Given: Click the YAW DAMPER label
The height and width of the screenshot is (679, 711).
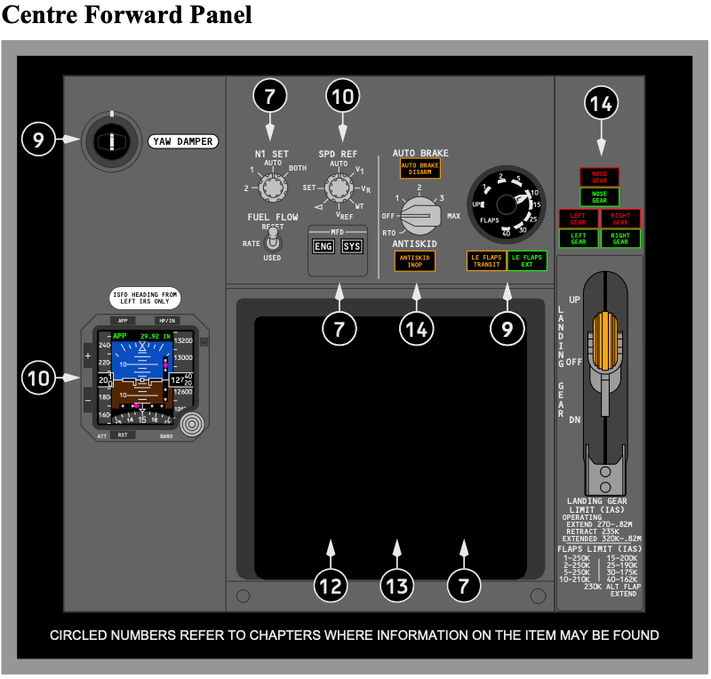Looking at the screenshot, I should tap(183, 141).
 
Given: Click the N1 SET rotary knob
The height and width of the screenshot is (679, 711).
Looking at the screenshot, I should tap(271, 187).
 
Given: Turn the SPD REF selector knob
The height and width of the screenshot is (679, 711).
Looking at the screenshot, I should tap(338, 188).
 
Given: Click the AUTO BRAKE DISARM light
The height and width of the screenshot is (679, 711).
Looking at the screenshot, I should tap(419, 169).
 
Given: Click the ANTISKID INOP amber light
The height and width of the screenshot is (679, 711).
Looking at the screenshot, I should tap(414, 260).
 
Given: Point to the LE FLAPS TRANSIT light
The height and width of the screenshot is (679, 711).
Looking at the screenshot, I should tap(486, 261).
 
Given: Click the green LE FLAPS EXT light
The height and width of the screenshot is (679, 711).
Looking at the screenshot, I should tap(528, 261).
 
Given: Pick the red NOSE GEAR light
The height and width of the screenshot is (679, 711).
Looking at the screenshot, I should tap(600, 177).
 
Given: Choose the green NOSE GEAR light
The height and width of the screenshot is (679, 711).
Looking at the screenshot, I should tap(600, 197).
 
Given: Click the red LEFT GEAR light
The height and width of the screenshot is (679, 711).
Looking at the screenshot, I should tap(579, 219).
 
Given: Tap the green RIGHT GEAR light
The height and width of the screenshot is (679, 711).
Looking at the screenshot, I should tap(620, 238).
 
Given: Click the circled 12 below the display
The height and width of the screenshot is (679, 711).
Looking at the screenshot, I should tap(331, 586).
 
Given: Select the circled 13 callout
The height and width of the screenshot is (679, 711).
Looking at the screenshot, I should tap(396, 586).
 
